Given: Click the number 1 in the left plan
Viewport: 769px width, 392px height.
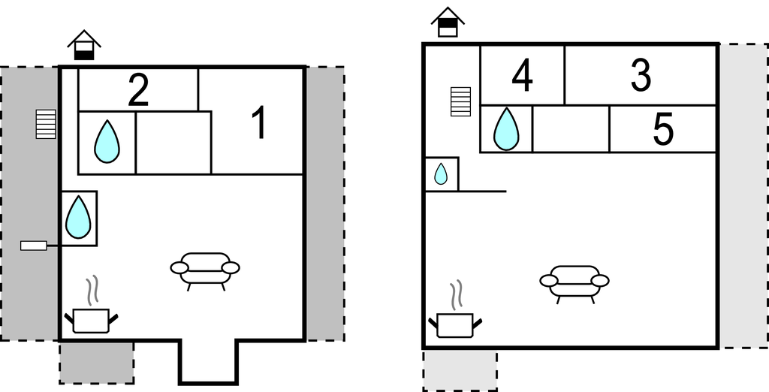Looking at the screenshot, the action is (259, 123).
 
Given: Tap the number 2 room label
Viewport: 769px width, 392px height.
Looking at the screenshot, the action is (138, 89).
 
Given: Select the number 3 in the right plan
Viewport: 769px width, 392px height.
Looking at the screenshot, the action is (641, 75).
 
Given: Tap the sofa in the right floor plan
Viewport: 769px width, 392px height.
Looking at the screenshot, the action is (574, 284).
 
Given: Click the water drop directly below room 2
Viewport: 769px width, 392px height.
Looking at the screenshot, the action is (107, 142).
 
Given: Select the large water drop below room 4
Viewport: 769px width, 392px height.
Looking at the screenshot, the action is (506, 129).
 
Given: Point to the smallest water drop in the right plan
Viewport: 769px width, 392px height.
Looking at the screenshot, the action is (441, 173).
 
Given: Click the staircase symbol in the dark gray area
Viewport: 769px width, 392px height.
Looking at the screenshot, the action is (46, 124).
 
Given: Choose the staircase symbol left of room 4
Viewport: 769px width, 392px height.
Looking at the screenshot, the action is (460, 101).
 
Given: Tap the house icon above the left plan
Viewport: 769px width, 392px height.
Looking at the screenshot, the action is (84, 44).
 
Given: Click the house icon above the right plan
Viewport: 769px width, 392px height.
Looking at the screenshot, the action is (448, 22).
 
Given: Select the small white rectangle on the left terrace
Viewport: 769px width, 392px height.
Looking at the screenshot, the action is (34, 246).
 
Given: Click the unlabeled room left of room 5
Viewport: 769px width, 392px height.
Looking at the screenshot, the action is (571, 129).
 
